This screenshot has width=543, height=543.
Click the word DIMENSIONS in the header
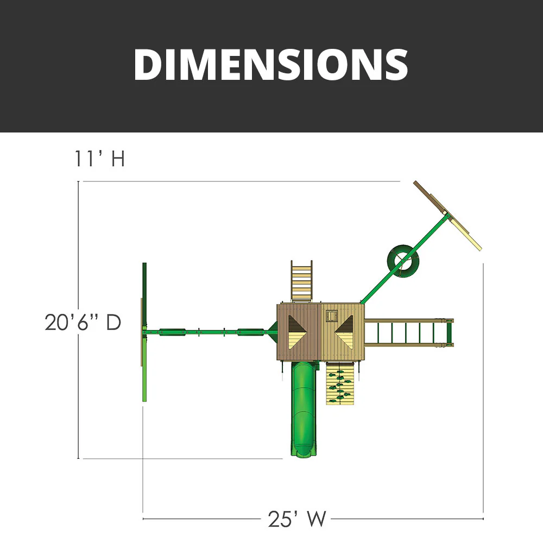tap(270, 65)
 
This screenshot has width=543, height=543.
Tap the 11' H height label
tap(100, 159)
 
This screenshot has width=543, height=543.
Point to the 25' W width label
tap(297, 519)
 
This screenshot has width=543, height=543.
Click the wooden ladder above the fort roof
tap(302, 280)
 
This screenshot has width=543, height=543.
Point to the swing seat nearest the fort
tap(250, 330)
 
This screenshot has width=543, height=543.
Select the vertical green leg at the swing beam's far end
tap(144, 332)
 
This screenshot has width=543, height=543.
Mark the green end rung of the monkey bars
tap(449, 332)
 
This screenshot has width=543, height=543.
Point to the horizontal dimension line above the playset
tap(239, 181)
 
